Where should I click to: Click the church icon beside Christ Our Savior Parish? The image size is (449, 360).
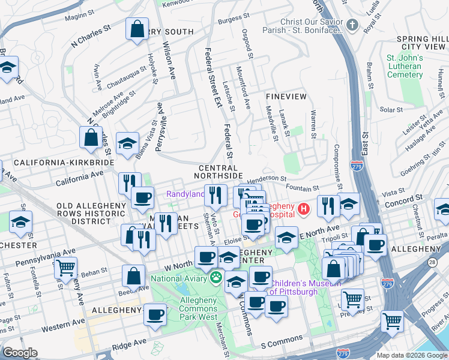tap(352, 25)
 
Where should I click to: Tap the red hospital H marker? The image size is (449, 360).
tap(304, 209)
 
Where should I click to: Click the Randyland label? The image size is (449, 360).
tap(184, 194)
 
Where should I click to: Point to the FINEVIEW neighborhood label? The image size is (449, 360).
tap(286, 96)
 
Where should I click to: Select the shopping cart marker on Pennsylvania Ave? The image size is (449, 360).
tap(66, 267)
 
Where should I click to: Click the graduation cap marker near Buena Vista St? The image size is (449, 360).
tap(127, 143)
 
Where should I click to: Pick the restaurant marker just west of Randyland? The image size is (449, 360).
tap(130, 183)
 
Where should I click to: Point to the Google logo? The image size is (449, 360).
tap(20, 353)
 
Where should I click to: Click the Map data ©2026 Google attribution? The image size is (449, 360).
tap(411, 355)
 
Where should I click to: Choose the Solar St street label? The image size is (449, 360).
tap(391, 110)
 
